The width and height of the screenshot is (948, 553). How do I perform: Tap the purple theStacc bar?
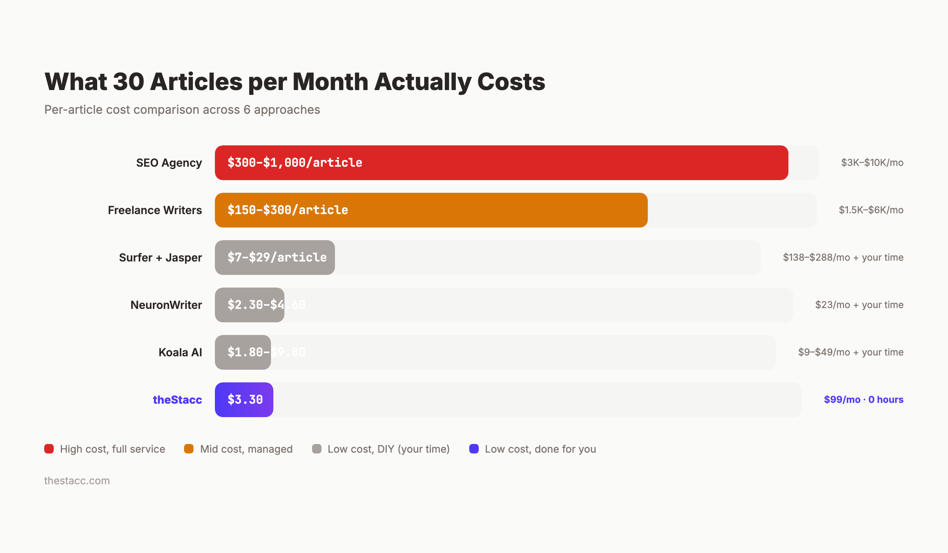(x=244, y=400)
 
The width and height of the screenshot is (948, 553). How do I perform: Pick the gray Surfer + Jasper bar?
(x=275, y=258)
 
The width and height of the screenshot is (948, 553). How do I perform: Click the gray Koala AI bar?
(x=243, y=352)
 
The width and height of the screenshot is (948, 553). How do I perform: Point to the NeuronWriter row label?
(x=166, y=305)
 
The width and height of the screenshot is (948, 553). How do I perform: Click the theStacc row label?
(x=177, y=400)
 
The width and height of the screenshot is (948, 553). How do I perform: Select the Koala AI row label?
(x=180, y=352)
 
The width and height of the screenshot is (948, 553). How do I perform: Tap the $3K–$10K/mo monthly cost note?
(x=872, y=163)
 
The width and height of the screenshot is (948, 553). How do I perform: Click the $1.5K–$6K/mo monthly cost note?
(x=871, y=210)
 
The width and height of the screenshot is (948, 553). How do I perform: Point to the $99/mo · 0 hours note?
(x=863, y=400)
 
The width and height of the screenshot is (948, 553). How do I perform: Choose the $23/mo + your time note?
(x=859, y=305)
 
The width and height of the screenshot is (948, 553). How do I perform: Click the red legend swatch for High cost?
(x=49, y=449)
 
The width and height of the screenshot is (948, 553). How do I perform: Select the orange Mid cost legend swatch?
(x=189, y=449)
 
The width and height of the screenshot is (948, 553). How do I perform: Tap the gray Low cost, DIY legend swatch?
(x=316, y=449)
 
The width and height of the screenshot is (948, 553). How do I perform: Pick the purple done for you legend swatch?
(x=474, y=449)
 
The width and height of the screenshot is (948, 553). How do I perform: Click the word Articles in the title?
(x=196, y=82)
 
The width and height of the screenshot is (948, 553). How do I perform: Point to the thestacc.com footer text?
(x=77, y=481)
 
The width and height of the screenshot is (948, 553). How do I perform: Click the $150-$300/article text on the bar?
(x=288, y=210)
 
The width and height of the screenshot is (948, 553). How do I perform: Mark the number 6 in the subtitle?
(x=247, y=110)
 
